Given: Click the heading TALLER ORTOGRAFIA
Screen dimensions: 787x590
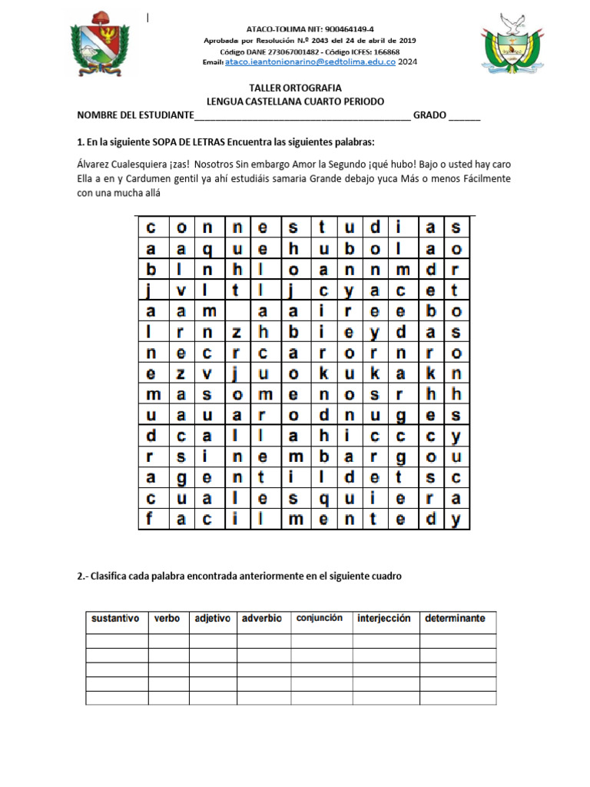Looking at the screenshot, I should (296, 88).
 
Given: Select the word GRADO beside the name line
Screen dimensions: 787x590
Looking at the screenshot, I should (429, 115).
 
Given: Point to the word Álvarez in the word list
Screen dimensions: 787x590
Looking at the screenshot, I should (94, 164).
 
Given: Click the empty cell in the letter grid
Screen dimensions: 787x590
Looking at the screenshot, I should (237, 310).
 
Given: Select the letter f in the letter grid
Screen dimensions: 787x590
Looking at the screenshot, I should (150, 519).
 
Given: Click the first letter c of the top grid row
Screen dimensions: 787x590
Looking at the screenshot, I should (150, 227).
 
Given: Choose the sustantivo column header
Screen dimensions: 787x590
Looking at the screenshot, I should (115, 619).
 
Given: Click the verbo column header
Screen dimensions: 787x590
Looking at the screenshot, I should (167, 619).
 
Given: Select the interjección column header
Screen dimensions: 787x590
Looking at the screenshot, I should (383, 619).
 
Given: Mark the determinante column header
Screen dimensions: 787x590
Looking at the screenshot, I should (456, 619).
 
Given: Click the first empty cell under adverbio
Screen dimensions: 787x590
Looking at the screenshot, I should (262, 641).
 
